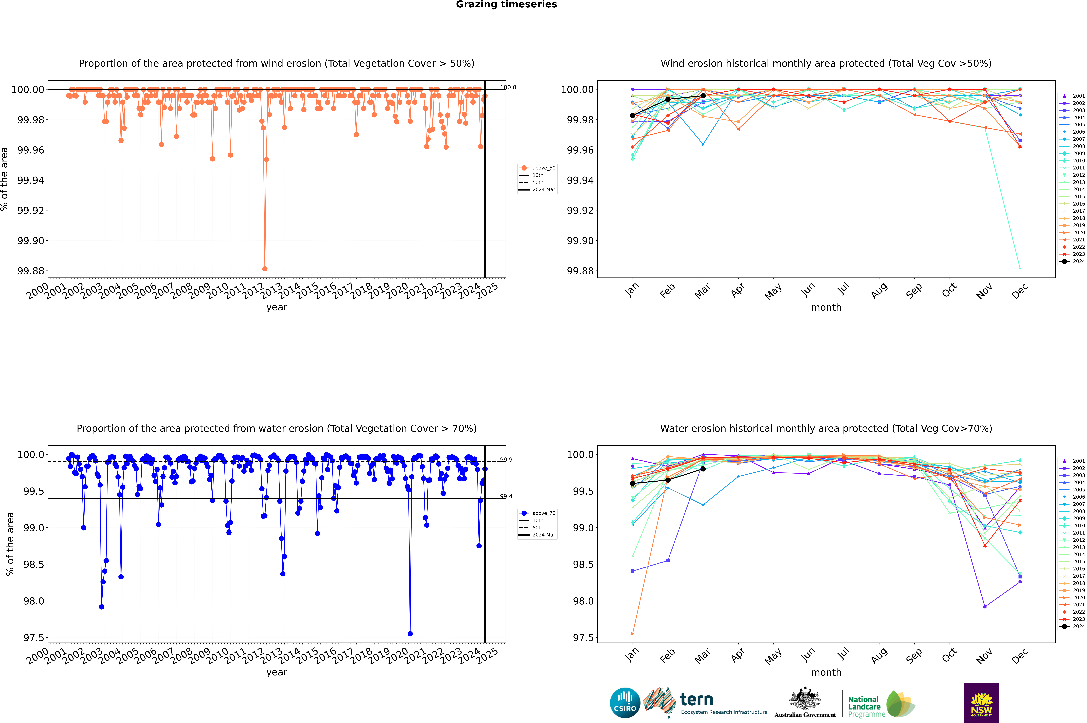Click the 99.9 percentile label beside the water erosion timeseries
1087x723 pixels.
pos(506,460)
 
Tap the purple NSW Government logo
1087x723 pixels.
pos(981,703)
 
